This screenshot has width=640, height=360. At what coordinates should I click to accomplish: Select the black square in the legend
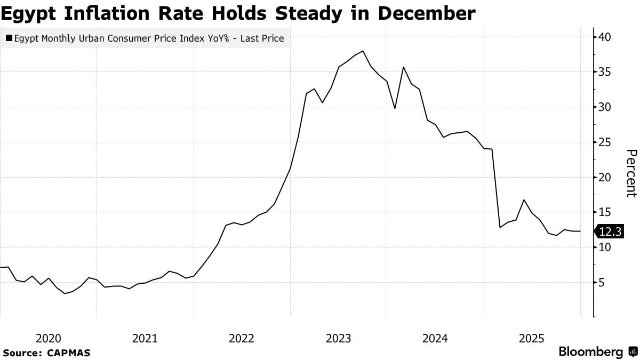(9, 38)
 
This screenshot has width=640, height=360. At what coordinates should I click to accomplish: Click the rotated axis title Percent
(630, 173)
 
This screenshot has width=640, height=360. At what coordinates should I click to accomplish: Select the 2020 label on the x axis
(48, 338)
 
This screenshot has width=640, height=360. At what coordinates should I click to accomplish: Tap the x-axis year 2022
(242, 338)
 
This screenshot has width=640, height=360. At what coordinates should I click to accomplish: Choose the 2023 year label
(338, 338)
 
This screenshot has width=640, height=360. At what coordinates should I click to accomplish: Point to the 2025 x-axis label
(532, 338)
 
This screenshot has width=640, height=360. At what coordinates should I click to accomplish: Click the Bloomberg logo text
(591, 352)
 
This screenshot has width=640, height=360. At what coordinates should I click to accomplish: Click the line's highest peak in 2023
(363, 51)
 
